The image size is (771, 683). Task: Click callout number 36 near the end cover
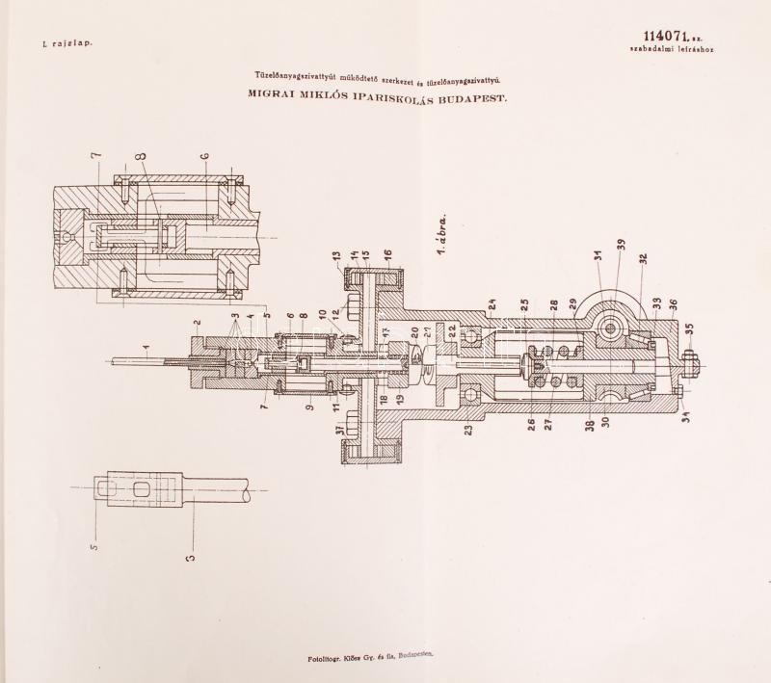[673, 303]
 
